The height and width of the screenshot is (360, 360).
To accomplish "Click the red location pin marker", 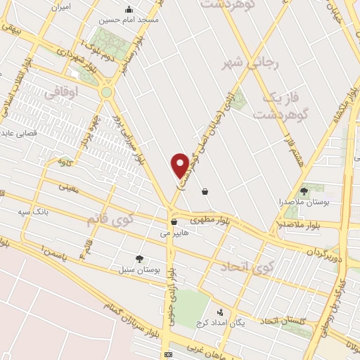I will pos(181,165).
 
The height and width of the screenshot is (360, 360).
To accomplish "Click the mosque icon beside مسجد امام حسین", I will pos(128,9).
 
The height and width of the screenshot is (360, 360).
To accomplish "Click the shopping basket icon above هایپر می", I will pos(173,223).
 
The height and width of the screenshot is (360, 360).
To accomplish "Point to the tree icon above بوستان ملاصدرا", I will pos(304,191).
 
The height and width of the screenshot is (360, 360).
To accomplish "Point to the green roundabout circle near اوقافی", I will pos(107,92).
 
